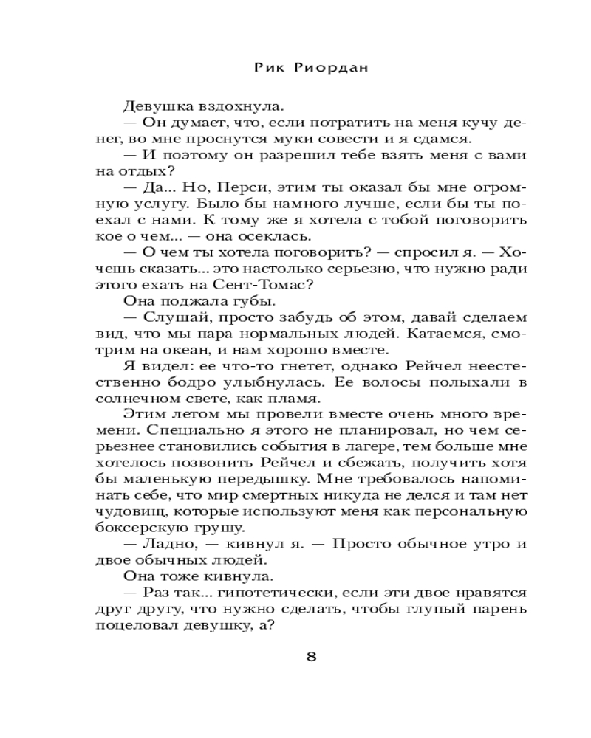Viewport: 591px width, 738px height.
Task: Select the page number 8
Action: [311, 658]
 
